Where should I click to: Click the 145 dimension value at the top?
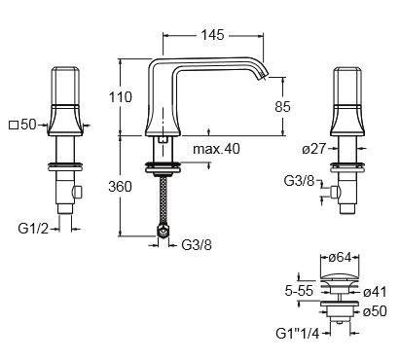coord(212,35)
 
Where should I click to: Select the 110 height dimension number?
coord(121,97)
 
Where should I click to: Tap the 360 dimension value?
coord(121,187)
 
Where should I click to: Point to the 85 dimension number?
coord(282,106)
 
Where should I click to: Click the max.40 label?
coord(216,149)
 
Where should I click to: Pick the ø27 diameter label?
coord(313,149)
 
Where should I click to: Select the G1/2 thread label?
coord(33,229)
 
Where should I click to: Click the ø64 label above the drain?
coord(340,258)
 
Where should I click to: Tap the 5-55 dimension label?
coord(299,291)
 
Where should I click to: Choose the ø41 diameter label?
coord(375,292)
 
